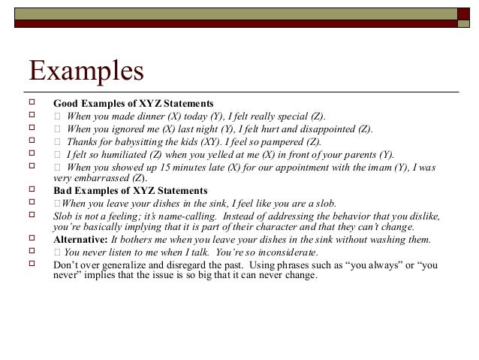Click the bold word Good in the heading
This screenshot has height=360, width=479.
[66, 102]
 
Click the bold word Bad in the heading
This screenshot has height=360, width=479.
[63, 191]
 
